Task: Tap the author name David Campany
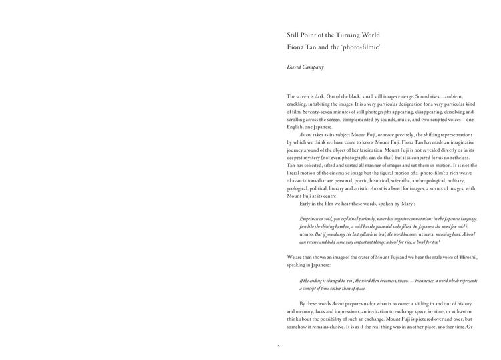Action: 305,67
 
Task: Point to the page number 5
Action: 278,346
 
